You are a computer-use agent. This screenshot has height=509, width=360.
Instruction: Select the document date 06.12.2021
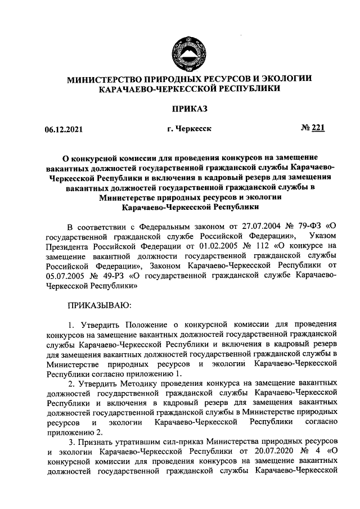[x=64, y=130]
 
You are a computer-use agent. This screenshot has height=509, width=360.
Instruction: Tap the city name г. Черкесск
[x=189, y=129]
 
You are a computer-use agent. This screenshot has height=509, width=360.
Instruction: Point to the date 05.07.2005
[x=65, y=276]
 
